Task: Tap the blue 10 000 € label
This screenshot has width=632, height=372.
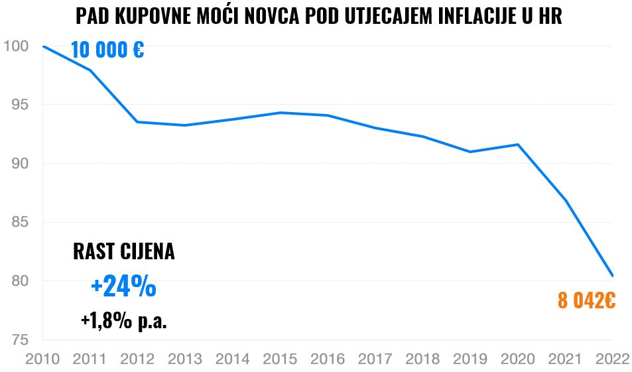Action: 107,50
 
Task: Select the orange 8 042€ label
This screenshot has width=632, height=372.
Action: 586,301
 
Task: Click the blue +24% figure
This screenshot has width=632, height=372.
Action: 123,286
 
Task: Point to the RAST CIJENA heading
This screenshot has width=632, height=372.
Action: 123,252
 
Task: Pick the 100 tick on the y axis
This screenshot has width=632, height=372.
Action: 16,46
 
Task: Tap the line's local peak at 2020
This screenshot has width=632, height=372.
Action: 518,145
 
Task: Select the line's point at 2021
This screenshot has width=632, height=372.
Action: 565,200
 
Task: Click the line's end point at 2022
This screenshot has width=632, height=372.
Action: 613,276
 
